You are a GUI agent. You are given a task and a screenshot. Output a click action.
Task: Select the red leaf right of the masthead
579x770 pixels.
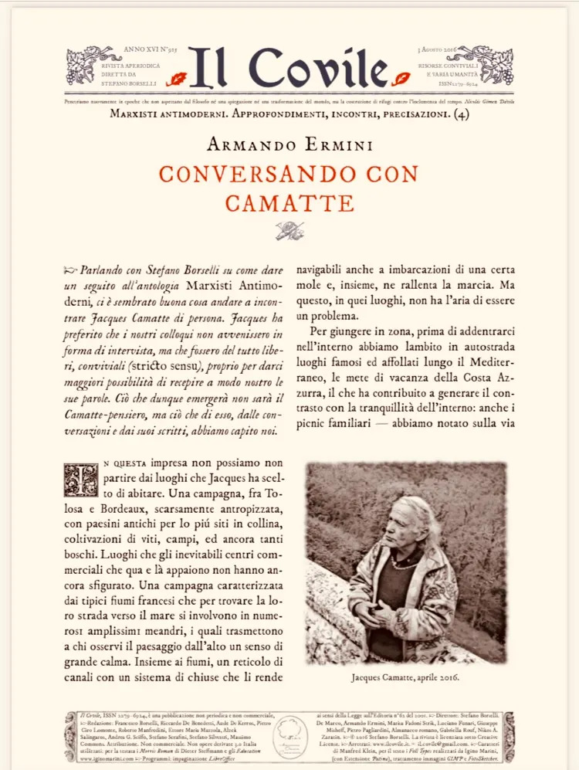click(401, 78)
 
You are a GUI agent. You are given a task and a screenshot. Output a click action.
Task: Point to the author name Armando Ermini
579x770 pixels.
click(289, 145)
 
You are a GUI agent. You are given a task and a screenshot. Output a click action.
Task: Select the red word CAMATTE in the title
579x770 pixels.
click(289, 203)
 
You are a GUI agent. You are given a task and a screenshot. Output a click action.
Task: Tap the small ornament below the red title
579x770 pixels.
click(289, 230)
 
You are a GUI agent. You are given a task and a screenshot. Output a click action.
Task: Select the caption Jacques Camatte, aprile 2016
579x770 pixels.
click(405, 677)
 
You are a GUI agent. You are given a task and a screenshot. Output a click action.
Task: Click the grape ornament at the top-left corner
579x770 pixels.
click(83, 64)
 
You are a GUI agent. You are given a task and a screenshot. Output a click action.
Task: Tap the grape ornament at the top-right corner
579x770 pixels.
click(496, 64)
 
